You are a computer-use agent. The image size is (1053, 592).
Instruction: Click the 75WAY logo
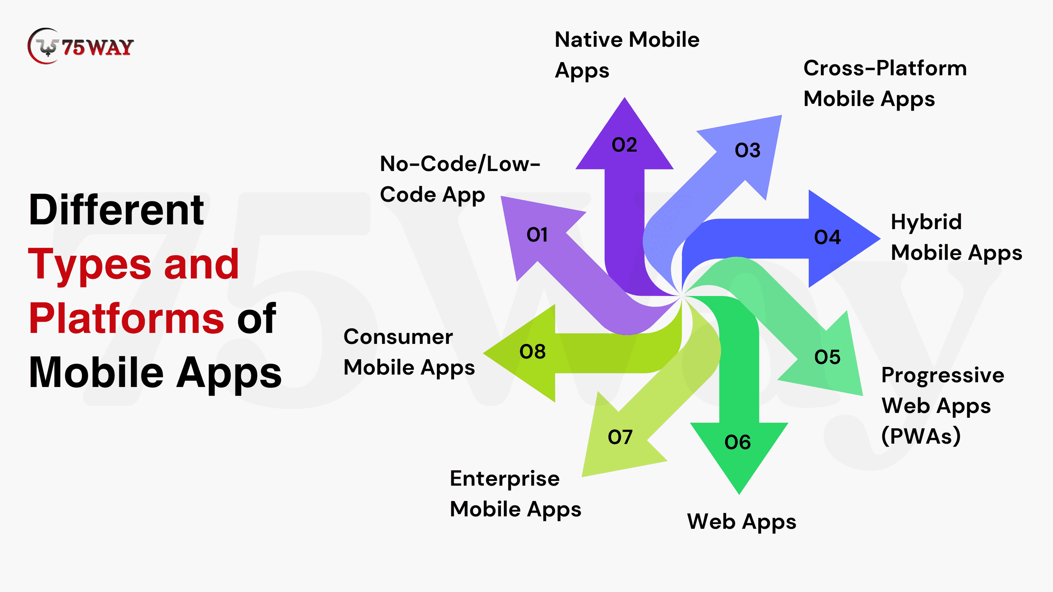(x=80, y=46)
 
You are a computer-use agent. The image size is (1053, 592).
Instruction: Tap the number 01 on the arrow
(x=537, y=235)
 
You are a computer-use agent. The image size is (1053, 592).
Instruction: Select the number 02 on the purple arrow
(x=624, y=145)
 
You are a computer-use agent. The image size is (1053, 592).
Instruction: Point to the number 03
(x=748, y=150)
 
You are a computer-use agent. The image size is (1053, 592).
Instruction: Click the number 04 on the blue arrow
(x=827, y=237)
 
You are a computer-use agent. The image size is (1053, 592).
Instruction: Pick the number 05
(x=827, y=357)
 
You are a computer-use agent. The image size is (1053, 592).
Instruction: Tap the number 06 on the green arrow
(x=737, y=442)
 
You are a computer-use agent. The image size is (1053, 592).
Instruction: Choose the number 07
(x=620, y=437)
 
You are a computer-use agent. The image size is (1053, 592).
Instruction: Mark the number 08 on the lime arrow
(x=532, y=351)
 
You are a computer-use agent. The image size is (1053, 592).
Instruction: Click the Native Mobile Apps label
(x=627, y=55)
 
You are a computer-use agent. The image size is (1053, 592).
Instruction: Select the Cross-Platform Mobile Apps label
(x=885, y=83)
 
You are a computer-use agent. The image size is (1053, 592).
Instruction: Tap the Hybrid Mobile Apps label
(x=956, y=238)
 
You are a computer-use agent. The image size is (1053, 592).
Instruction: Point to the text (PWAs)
(x=921, y=436)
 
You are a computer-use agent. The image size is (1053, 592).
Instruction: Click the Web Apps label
(x=741, y=522)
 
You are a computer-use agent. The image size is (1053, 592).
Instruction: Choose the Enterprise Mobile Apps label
(x=516, y=494)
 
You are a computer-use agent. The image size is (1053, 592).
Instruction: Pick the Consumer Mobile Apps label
(x=409, y=352)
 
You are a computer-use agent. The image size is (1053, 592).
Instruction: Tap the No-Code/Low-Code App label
(x=460, y=179)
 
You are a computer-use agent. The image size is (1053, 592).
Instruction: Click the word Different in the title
(x=116, y=210)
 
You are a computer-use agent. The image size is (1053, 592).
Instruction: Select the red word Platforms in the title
(x=126, y=319)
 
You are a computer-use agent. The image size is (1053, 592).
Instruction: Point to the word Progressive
(x=943, y=375)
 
